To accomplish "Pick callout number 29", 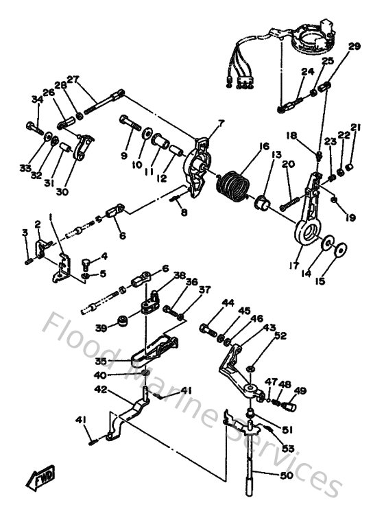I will click(x=354, y=47).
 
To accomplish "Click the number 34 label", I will click(x=36, y=101).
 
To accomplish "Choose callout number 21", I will click(x=355, y=128).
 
